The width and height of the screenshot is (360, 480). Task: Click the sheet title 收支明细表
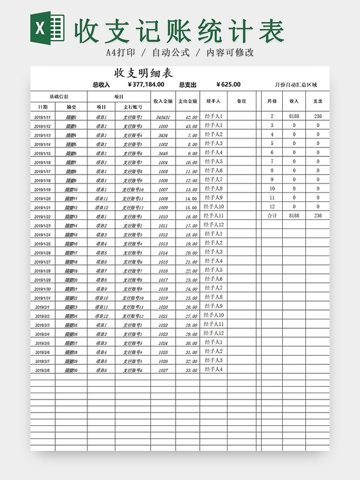click(x=143, y=73)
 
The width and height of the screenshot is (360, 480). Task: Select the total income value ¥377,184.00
click(x=147, y=84)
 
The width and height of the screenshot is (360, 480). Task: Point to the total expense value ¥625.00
click(x=228, y=84)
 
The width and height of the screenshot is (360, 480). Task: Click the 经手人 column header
click(x=213, y=101)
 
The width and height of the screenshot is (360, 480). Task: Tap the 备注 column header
click(x=241, y=101)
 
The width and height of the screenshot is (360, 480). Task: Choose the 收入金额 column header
click(x=163, y=101)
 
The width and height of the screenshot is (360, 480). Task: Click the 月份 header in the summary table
click(x=271, y=101)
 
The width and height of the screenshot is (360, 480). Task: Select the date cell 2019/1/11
click(x=42, y=117)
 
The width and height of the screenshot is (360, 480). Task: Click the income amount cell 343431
click(x=163, y=117)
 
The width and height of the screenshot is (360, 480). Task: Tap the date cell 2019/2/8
click(x=42, y=370)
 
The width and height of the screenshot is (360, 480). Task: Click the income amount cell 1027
click(x=163, y=370)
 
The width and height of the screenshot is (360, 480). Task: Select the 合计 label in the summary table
click(x=271, y=216)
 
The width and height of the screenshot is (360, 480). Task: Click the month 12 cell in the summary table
click(x=271, y=207)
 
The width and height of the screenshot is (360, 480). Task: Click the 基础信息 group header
click(x=59, y=96)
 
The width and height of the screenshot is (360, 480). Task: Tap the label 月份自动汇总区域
click(x=295, y=84)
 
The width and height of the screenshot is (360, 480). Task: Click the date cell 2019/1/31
click(x=42, y=298)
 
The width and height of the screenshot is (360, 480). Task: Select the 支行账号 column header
click(x=132, y=107)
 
